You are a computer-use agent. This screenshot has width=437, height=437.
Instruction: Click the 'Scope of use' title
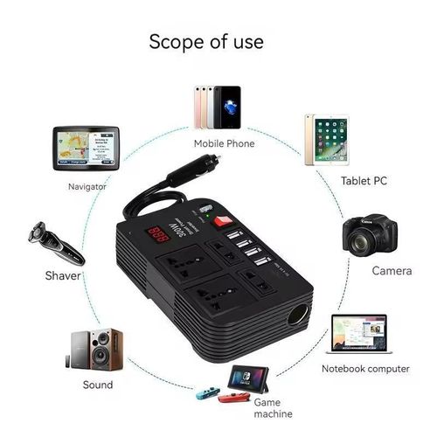(206, 40)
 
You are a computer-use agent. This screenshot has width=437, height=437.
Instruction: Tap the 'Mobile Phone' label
(218, 144)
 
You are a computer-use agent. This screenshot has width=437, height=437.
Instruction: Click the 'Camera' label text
(392, 271)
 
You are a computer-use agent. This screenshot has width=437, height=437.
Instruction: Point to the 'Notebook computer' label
(364, 369)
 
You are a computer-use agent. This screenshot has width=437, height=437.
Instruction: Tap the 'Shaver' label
(64, 275)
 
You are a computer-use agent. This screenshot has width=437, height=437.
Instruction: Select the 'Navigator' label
(87, 186)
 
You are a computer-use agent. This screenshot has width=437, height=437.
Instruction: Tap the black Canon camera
(369, 233)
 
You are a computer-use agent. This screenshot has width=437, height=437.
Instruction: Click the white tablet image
(328, 140)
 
